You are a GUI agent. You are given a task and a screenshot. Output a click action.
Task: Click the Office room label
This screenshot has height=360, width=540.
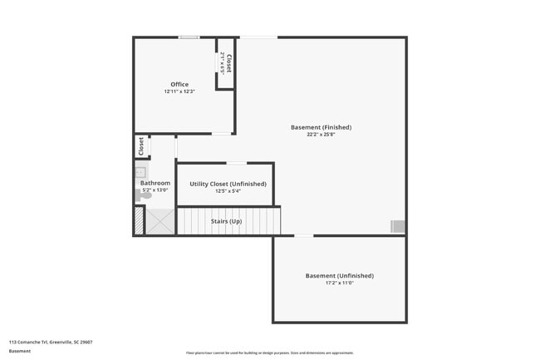click(179, 84)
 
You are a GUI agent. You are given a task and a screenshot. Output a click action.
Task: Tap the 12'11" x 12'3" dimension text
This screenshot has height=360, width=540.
click(179, 91)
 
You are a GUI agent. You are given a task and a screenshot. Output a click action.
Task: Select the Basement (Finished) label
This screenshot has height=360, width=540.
click(321, 127)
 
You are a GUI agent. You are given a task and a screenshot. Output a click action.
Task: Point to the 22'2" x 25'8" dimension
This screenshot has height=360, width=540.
click(321, 135)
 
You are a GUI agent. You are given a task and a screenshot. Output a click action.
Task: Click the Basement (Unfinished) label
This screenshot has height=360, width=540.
click(340, 275)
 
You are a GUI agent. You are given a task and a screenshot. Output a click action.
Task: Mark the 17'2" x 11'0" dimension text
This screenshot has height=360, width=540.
click(340, 283)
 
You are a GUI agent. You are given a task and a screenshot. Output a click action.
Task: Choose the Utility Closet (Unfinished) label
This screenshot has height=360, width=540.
click(228, 184)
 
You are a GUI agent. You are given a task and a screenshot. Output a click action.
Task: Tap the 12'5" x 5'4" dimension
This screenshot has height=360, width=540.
click(228, 191)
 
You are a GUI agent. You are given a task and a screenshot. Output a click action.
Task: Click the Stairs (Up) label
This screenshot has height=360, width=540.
click(226, 221)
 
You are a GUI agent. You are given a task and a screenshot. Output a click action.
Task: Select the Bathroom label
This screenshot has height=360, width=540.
click(155, 183)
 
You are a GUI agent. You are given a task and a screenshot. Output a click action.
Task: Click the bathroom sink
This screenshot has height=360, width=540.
click(140, 172)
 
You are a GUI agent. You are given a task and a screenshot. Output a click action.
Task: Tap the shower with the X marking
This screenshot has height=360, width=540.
click(161, 222)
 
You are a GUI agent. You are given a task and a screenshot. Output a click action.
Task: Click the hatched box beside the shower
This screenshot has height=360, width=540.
click(139, 221)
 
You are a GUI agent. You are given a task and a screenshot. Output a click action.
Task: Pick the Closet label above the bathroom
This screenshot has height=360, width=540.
click(142, 146)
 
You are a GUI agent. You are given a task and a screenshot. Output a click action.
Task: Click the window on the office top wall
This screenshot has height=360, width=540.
click(189, 37)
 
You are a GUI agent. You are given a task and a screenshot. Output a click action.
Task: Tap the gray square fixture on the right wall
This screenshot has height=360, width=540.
click(398, 226)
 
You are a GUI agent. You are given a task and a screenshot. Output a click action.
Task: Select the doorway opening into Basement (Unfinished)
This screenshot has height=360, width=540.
click(304, 236)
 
